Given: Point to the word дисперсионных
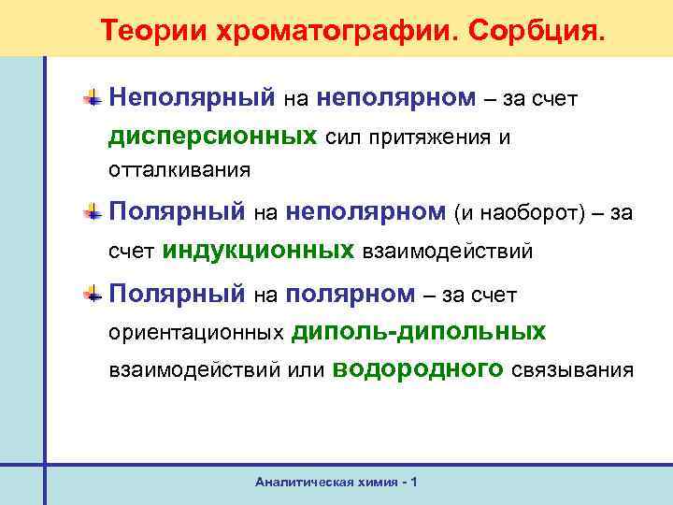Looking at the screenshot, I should pos(212,137).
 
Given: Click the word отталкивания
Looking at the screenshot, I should pos(179,171).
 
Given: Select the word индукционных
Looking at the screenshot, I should pos(259,250).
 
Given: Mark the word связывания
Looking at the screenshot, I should pos(572,370).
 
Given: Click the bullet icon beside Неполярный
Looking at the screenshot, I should pos(93,95).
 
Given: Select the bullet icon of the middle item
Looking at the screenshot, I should pos(93,213).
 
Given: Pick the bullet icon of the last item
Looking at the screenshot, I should pos(93,294).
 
